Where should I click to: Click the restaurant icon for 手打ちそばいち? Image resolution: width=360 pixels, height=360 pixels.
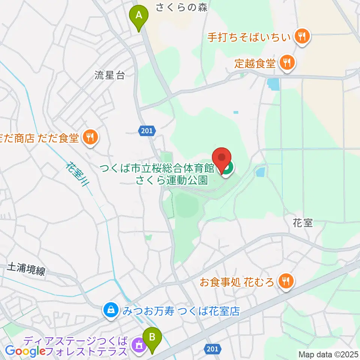(301, 37)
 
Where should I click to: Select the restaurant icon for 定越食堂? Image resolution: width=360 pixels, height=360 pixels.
(287, 63)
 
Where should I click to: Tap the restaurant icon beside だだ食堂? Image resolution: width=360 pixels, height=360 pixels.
(90, 138)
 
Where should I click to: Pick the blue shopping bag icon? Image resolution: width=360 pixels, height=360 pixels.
(111, 310)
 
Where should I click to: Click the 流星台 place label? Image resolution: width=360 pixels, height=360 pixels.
(109, 75)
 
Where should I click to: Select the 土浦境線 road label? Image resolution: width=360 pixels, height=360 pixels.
(26, 269)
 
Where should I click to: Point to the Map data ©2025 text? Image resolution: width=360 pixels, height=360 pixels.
(328, 354)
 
